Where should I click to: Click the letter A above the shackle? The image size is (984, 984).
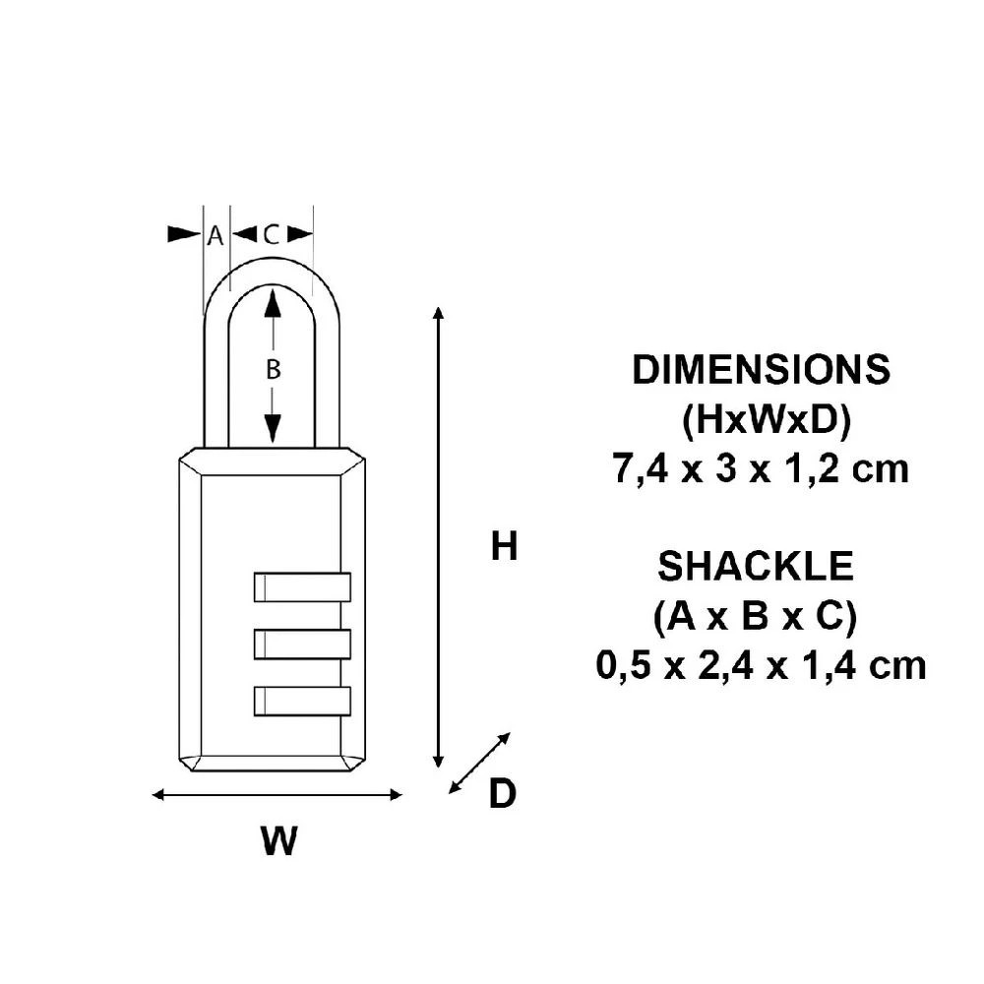coord(215,235)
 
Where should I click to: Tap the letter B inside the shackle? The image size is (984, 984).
coord(274,369)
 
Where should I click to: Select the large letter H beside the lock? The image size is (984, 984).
coord(505,547)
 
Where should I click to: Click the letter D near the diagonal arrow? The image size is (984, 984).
coord(502,794)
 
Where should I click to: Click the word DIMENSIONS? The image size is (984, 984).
coord(761,371)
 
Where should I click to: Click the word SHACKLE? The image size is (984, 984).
coord(756,567)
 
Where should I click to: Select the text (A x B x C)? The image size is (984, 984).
coord(755,617)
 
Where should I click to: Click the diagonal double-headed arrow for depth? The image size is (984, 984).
coord(480,763)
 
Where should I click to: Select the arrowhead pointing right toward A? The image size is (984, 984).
coord(184,234)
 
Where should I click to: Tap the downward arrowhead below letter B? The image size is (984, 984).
coord(274,428)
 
